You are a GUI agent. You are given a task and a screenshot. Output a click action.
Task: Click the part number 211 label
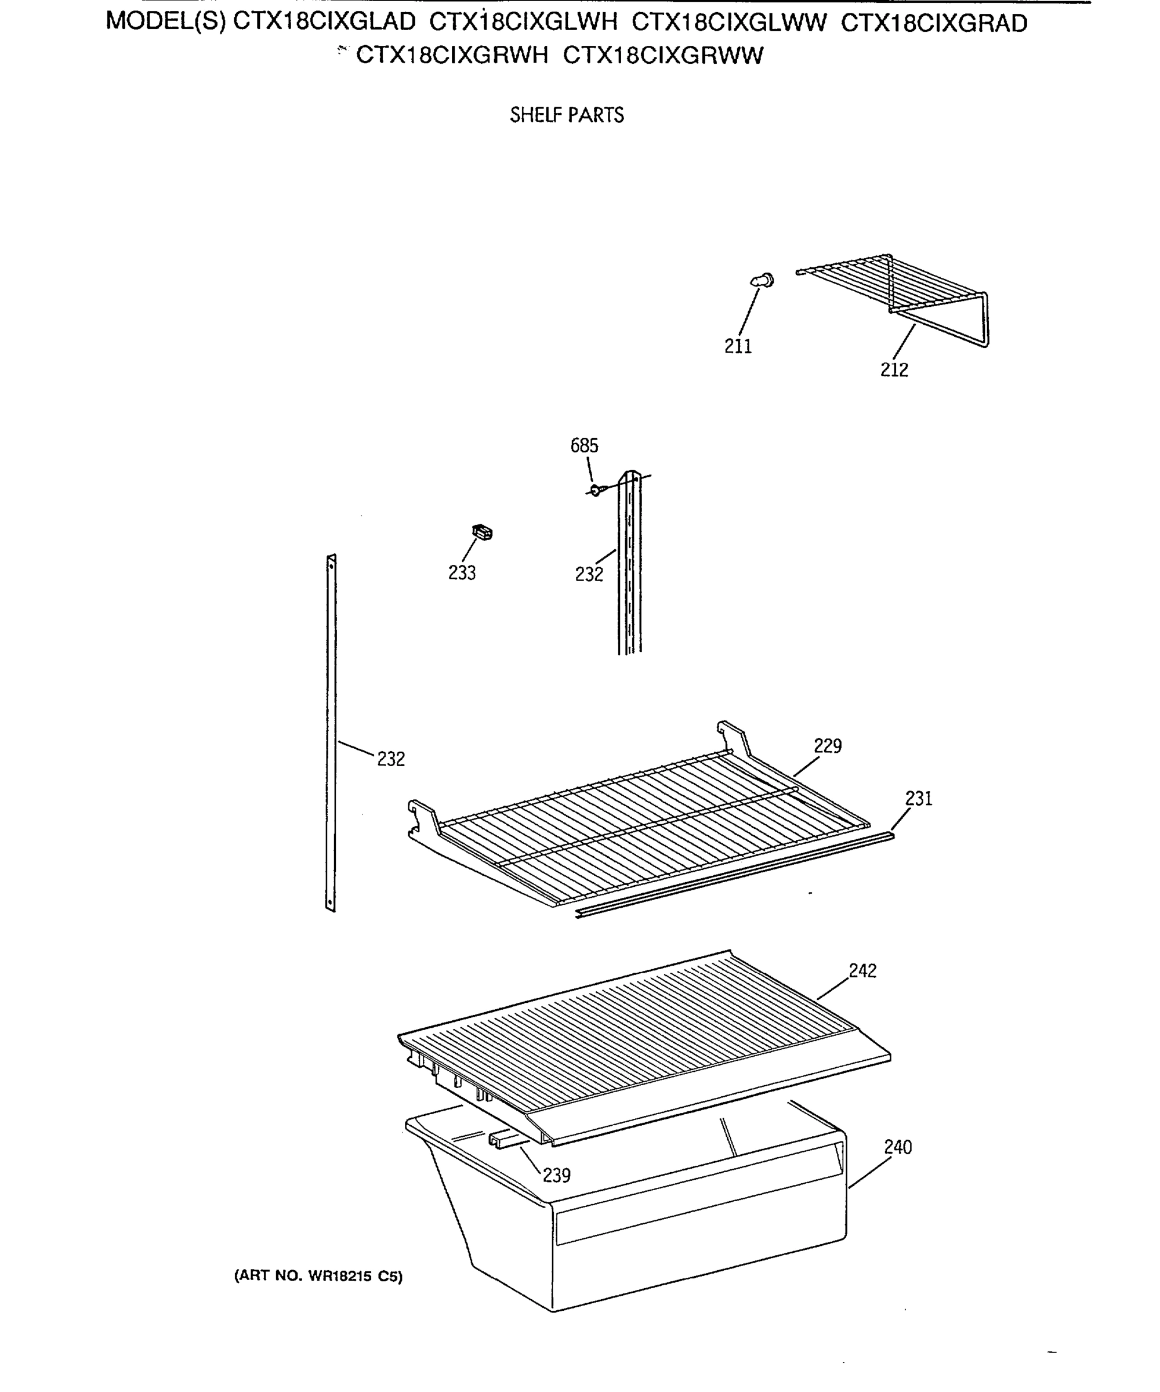(x=738, y=346)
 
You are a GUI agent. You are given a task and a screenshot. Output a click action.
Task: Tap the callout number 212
(x=894, y=370)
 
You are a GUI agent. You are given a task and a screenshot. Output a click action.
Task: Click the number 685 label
(x=584, y=445)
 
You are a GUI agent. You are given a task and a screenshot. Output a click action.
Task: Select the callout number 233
(x=461, y=572)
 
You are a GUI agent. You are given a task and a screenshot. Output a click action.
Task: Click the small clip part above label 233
(x=482, y=532)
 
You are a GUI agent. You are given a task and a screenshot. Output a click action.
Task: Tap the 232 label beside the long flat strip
(x=390, y=759)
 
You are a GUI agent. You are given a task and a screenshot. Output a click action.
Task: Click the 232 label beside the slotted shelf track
(x=589, y=574)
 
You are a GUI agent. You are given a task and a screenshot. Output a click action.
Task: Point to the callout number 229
(x=827, y=746)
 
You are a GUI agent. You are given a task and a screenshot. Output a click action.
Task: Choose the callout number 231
(x=918, y=798)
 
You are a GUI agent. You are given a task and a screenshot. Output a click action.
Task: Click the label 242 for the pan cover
(x=862, y=970)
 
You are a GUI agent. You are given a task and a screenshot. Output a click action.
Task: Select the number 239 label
(x=556, y=1175)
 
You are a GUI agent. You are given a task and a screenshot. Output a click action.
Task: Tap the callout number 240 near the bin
(x=897, y=1147)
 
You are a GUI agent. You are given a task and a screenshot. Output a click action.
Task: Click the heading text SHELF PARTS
(x=567, y=115)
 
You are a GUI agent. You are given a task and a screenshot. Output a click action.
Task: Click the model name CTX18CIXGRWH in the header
(x=452, y=55)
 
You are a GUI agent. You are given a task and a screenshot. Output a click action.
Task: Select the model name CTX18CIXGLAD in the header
(x=324, y=23)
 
